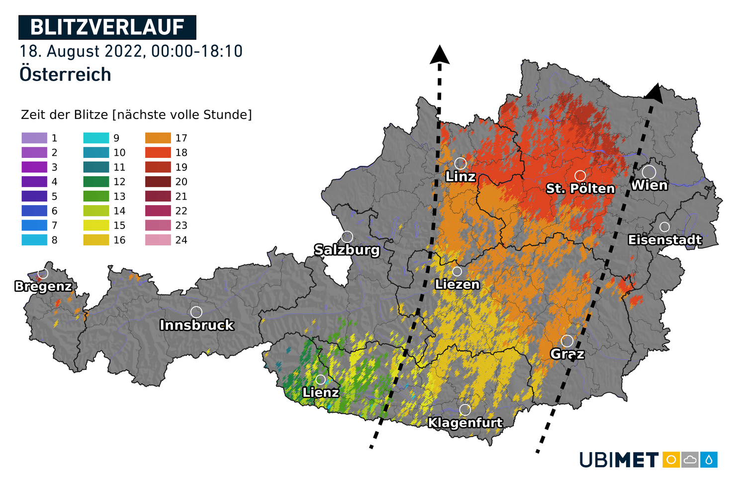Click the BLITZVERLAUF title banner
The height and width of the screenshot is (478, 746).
(x=107, y=27)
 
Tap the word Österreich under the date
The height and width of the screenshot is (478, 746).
(x=65, y=75)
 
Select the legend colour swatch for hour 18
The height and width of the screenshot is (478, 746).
(x=158, y=152)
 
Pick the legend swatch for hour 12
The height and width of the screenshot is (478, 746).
(x=96, y=182)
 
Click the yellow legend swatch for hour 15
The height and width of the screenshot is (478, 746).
(x=96, y=226)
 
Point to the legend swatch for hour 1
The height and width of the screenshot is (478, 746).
(x=34, y=138)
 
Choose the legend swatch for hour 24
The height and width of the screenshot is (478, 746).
(x=158, y=240)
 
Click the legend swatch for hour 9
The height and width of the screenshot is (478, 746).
(x=96, y=138)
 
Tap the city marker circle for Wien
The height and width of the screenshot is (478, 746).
(x=649, y=172)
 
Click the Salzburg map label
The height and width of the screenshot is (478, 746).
(x=347, y=249)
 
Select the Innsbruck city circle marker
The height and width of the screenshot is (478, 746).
(x=196, y=312)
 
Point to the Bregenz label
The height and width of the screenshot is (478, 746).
(x=43, y=286)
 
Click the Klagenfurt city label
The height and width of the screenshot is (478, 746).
(x=465, y=423)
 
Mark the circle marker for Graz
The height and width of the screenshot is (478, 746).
(x=567, y=341)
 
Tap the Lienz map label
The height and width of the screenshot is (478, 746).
(x=321, y=392)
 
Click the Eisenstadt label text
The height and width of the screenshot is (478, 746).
(x=664, y=240)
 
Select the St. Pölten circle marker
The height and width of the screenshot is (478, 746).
(x=580, y=176)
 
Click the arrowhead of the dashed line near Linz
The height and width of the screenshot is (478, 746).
(x=440, y=54)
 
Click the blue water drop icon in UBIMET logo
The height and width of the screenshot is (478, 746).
(x=709, y=460)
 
